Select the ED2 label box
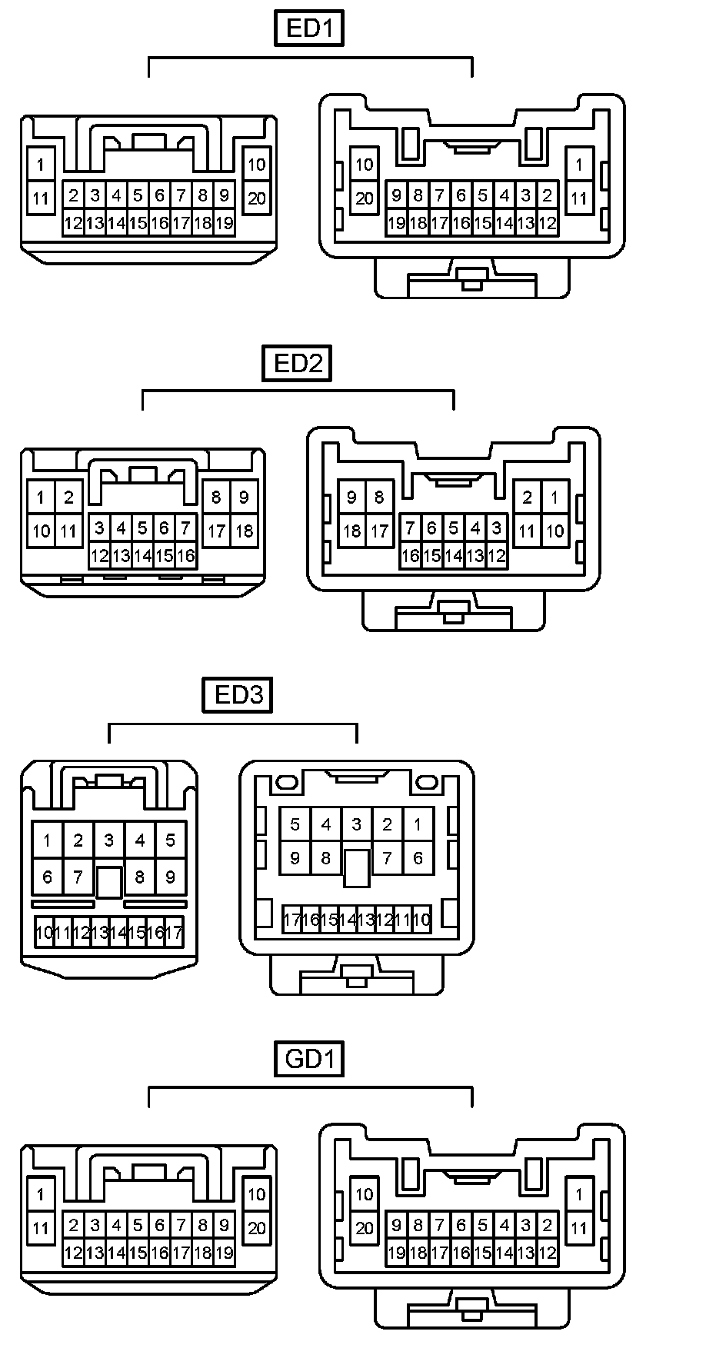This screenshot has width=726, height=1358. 297,363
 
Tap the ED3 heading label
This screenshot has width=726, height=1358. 238,695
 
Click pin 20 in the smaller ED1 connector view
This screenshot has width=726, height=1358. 256,198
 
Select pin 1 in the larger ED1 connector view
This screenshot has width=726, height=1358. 578,164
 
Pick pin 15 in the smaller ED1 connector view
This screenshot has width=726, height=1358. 138,224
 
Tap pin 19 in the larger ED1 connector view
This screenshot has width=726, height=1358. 396,224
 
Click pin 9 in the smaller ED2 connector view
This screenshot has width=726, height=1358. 244,498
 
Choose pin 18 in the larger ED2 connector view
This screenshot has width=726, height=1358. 351,531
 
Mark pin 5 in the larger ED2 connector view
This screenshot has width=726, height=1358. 453,528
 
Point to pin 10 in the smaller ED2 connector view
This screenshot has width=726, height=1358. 41,531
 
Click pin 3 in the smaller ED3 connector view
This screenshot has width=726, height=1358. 109,840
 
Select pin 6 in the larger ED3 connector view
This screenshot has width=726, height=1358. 418,858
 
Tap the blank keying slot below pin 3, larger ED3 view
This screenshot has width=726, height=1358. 356,868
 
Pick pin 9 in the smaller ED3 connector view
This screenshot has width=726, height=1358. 171,877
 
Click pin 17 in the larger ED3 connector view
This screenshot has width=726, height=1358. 291,920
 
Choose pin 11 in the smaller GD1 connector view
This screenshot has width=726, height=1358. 41,1228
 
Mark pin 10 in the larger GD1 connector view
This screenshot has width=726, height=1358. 364,1194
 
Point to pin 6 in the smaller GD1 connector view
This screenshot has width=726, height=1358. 159,1225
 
